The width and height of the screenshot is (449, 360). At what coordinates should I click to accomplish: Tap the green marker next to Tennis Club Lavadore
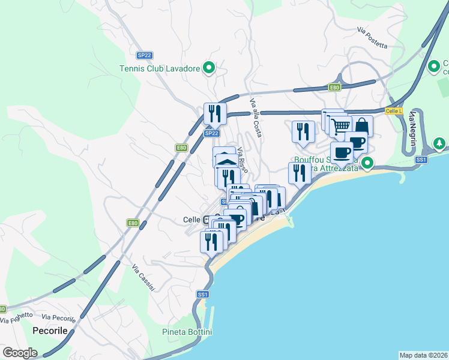point(208,68)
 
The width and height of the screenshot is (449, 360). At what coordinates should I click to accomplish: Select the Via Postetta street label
point(372,38)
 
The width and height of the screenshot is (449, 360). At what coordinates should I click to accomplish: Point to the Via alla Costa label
point(256,117)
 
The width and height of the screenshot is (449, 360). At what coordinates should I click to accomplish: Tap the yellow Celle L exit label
point(393,111)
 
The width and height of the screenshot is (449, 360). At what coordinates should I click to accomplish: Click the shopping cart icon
point(341,126)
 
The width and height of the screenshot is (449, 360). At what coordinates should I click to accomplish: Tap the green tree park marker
point(440,144)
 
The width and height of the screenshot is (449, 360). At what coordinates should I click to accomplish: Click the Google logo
point(20,353)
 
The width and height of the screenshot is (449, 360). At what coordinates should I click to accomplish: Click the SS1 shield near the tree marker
point(421,160)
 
